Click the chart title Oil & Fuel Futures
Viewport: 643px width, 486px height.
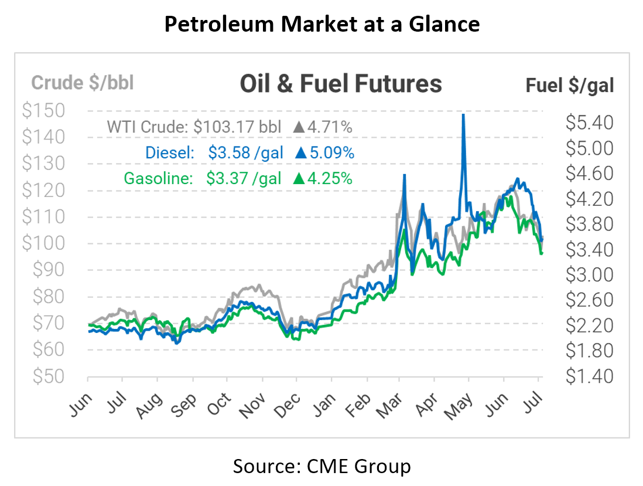[340, 84]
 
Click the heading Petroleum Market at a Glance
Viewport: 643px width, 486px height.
[321, 24]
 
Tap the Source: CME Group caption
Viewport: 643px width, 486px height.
[321, 466]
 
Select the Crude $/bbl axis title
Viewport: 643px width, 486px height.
[83, 83]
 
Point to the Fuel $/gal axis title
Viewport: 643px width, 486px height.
[569, 86]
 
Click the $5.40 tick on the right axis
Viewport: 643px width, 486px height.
[589, 123]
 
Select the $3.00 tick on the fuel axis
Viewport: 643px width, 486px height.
[589, 275]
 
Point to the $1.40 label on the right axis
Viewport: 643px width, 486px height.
[589, 376]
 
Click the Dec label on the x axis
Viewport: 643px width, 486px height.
[288, 405]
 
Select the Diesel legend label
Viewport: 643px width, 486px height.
[169, 153]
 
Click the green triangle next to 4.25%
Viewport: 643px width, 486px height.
[298, 179]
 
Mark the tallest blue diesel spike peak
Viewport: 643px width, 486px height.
[463, 115]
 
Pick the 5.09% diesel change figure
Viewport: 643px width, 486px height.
[333, 153]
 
